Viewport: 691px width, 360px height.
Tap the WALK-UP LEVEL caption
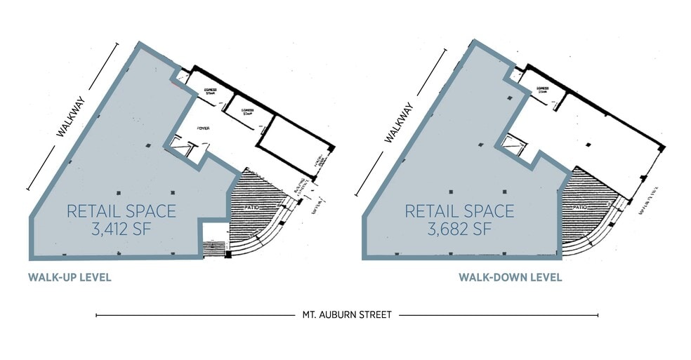pos(70,278)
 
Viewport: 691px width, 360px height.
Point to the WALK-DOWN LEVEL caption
pos(510,277)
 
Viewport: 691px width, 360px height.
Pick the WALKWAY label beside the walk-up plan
pos(70,117)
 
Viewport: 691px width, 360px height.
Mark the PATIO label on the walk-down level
pos(579,208)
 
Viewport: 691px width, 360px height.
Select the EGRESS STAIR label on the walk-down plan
pos(542,90)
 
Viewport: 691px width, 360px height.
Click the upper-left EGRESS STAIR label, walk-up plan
pos(209,91)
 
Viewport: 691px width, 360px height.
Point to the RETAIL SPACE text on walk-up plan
pos(121,210)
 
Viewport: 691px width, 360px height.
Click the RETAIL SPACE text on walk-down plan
pos(459,210)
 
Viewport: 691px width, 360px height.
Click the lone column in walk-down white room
pos(588,145)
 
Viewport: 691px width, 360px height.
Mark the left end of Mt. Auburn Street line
pos(96,315)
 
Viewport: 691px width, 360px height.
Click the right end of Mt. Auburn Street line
pos(598,315)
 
